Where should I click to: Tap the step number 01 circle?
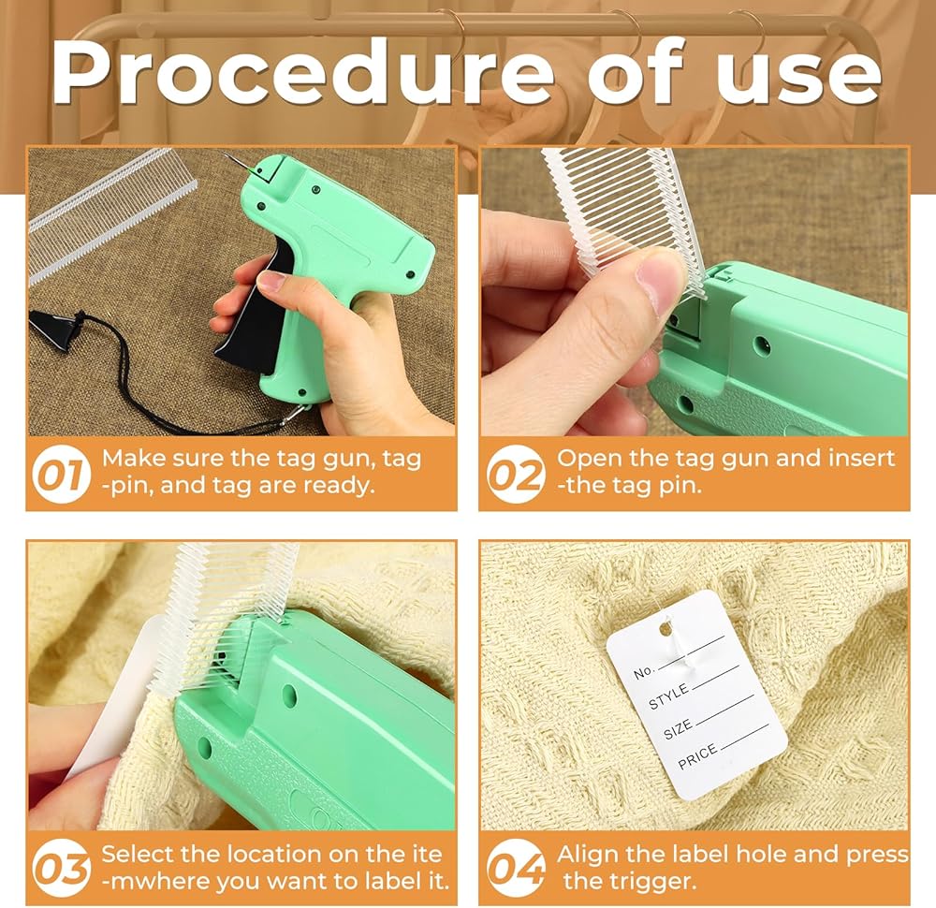[62, 474]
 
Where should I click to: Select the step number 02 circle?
[517, 474]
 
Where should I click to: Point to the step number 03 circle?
[62, 868]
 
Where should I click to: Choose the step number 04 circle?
[517, 868]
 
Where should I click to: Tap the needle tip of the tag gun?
[226, 154]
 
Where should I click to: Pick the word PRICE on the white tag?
[697, 757]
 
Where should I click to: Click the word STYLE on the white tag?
[668, 697]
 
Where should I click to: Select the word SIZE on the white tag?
[678, 729]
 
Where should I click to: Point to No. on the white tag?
[644, 672]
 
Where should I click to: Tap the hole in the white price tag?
[665, 628]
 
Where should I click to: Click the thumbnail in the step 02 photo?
[660, 282]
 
